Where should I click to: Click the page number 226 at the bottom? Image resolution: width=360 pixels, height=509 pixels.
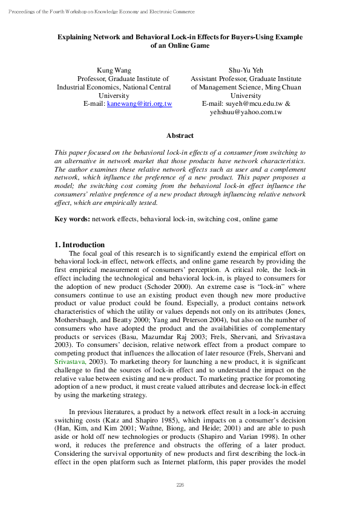coord(180,485)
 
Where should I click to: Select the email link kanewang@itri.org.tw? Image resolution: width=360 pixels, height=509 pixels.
coord(139,104)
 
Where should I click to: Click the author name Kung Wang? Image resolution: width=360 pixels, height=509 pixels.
coord(114,71)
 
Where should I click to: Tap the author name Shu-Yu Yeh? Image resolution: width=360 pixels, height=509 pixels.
coord(246,71)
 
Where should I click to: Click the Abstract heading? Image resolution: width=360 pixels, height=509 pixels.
coord(180,136)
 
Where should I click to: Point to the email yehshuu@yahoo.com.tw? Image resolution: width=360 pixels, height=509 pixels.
coord(246,112)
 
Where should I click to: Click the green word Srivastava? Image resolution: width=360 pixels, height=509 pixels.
coord(71,361)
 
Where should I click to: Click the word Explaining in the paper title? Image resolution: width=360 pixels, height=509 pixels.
coord(76,37)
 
